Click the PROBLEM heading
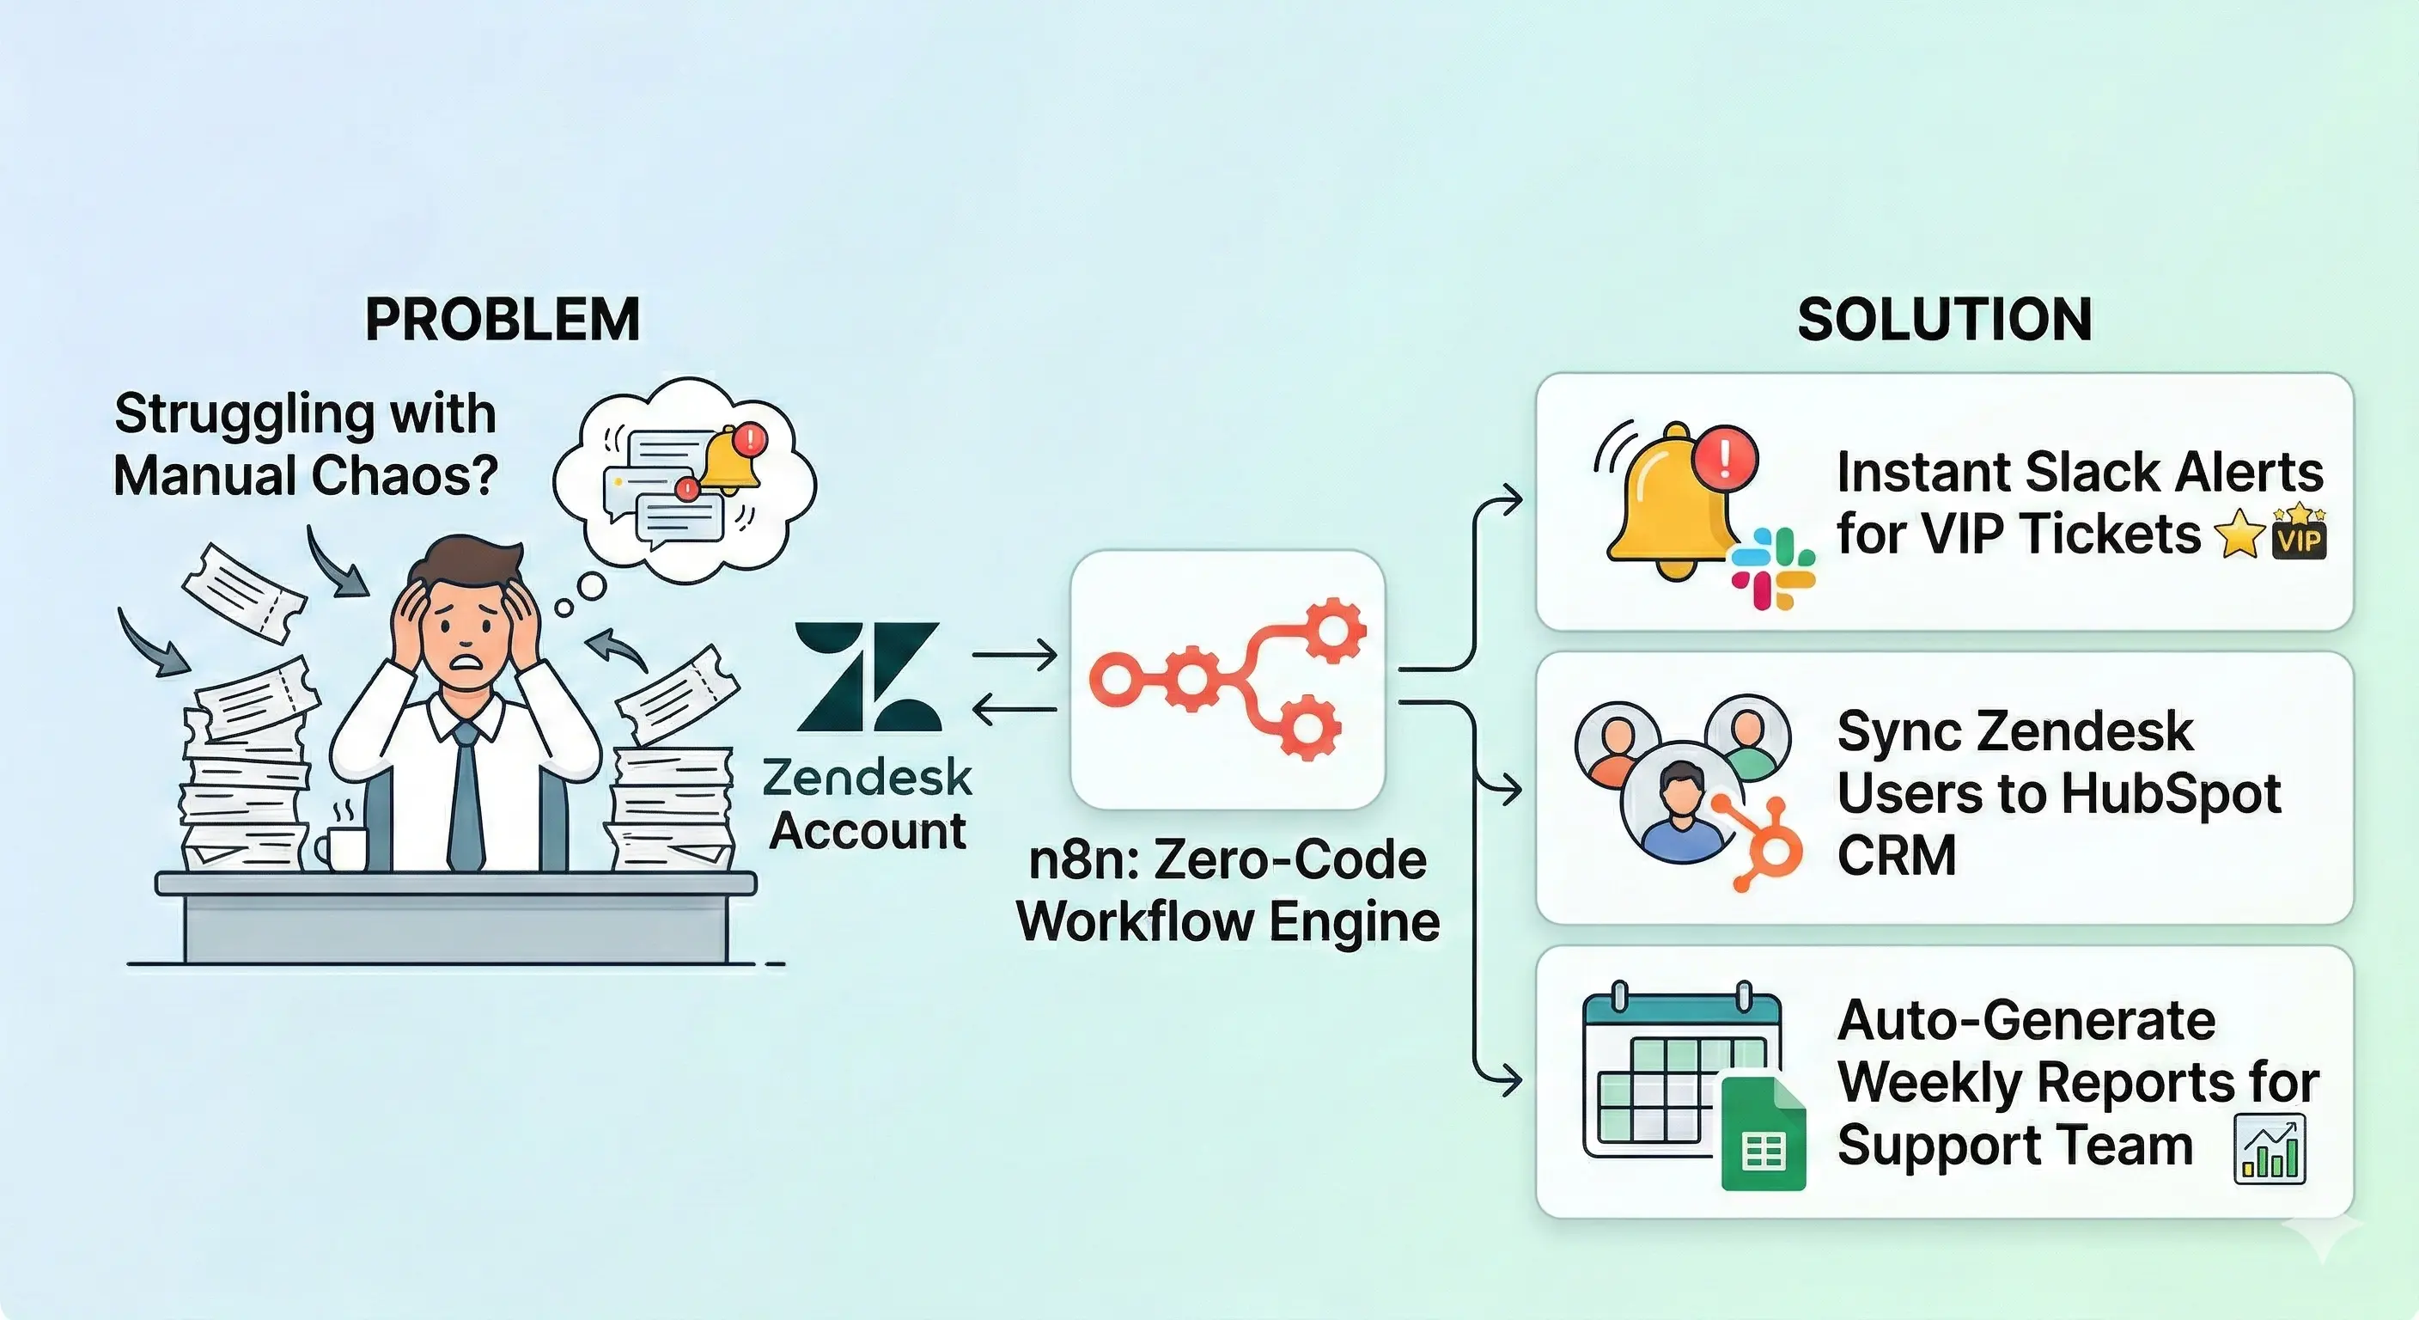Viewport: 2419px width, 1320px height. (x=503, y=320)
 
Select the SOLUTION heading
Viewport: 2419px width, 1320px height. (x=1944, y=320)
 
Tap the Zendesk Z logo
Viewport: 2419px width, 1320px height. (x=868, y=676)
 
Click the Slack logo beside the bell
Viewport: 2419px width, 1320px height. (x=1773, y=567)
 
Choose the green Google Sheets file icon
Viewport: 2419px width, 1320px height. (x=1763, y=1134)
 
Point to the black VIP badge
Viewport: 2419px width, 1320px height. (x=2299, y=537)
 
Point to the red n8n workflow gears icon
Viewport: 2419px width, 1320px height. (x=1228, y=678)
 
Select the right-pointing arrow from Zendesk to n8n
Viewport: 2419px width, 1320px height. (x=1015, y=655)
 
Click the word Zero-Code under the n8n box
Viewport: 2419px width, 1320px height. (x=1289, y=859)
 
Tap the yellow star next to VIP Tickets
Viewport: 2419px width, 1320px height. (x=2239, y=535)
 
